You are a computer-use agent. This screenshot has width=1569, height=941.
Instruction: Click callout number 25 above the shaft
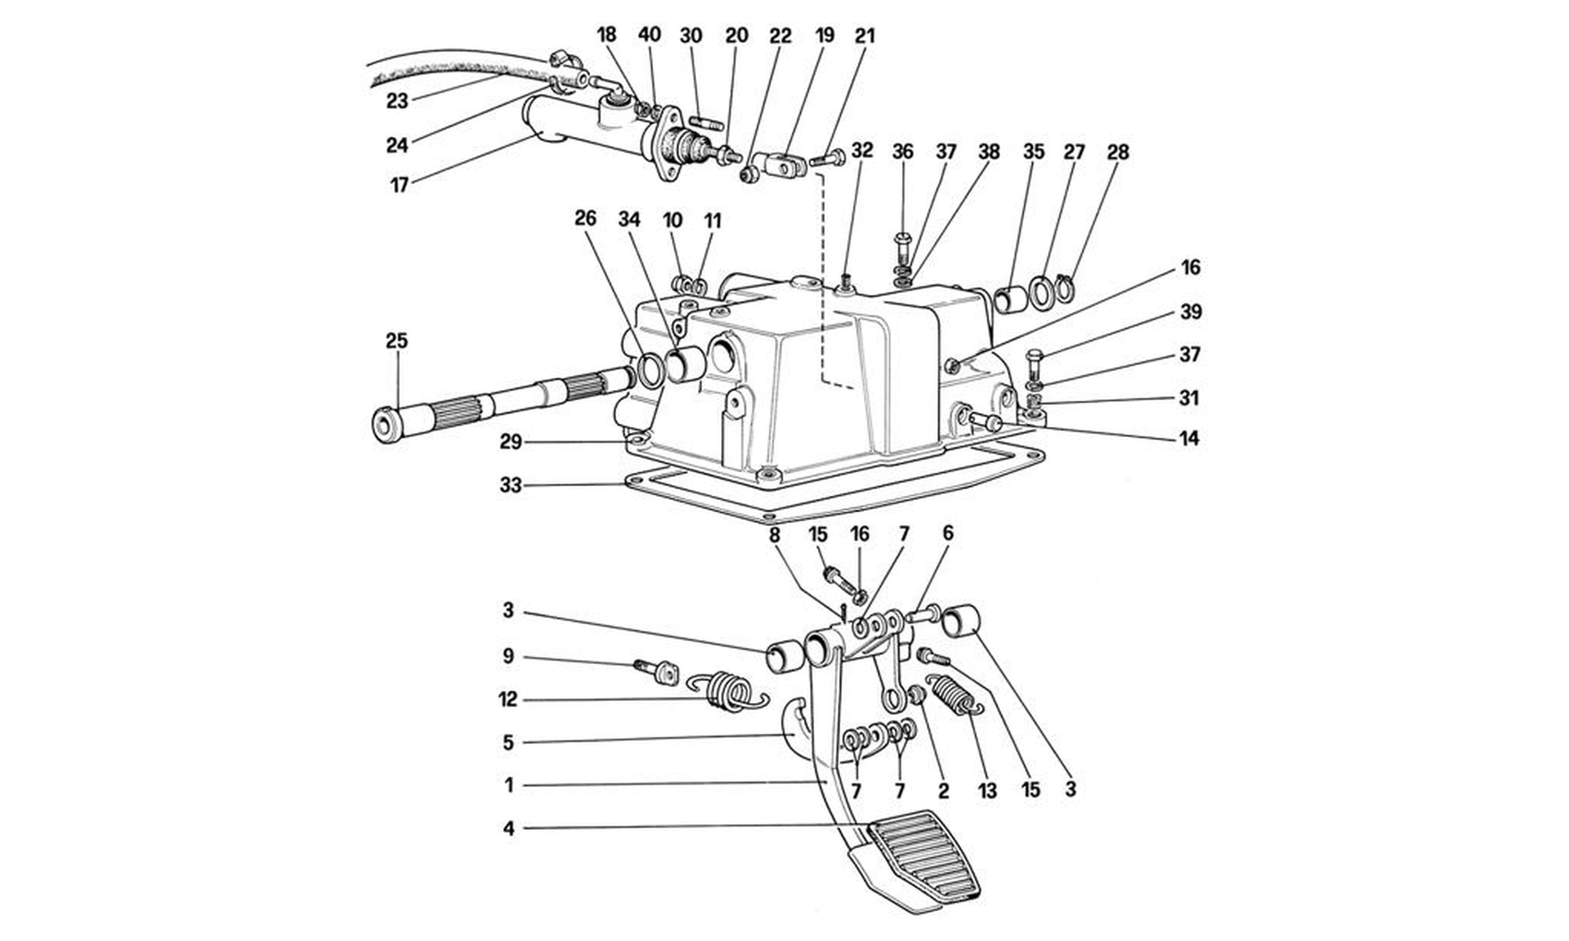pyautogui.click(x=397, y=341)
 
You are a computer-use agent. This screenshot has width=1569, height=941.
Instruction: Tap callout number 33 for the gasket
pyautogui.click(x=511, y=486)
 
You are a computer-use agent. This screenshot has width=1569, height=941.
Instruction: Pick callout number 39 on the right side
pyautogui.click(x=1191, y=312)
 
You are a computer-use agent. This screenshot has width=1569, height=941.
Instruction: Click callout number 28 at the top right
pyautogui.click(x=1118, y=152)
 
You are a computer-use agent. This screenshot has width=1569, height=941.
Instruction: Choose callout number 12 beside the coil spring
pyautogui.click(x=508, y=699)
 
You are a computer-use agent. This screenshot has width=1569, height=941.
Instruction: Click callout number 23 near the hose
pyautogui.click(x=398, y=100)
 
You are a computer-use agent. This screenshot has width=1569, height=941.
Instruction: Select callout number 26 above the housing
pyautogui.click(x=585, y=219)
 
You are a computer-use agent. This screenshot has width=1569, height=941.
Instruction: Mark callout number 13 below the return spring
pyautogui.click(x=987, y=791)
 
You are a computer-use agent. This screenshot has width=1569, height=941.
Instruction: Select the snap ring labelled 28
pyautogui.click(x=1065, y=287)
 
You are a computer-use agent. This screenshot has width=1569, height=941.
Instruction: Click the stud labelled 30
pyautogui.click(x=706, y=122)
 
